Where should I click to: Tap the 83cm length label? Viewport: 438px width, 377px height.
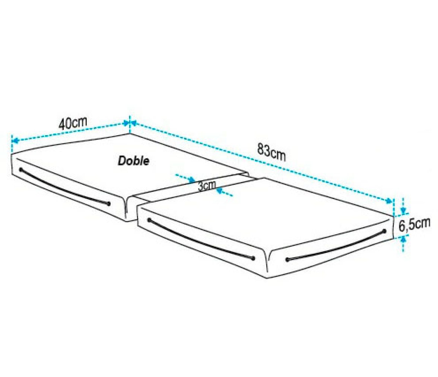tap(272, 152)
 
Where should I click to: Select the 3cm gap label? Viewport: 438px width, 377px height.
tap(207, 186)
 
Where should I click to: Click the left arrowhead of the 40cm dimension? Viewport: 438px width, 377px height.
tap(15, 140)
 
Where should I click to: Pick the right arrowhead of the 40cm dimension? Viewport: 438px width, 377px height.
tap(126, 123)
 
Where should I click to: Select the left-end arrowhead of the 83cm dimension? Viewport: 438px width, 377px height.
tap(134, 123)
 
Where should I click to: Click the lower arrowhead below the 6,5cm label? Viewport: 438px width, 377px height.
tap(403, 238)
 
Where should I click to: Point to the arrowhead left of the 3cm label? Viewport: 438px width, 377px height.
tap(193, 180)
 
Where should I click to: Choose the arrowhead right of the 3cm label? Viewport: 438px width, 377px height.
tap(220, 191)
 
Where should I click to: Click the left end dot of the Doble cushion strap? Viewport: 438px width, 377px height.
tap(21, 170)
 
